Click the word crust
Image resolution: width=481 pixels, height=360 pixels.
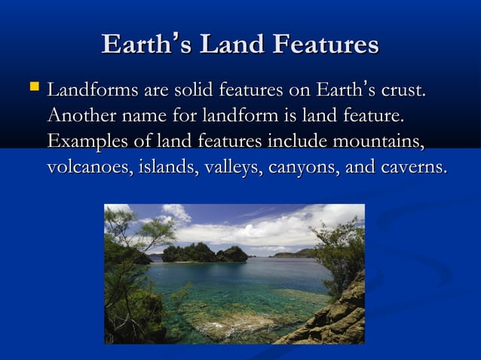(399, 92)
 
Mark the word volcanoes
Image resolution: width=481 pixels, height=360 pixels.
(87, 166)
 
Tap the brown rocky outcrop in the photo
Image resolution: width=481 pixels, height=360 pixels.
(332, 320)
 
